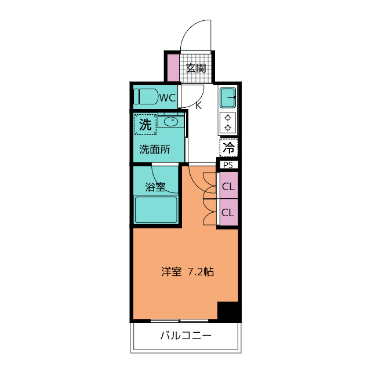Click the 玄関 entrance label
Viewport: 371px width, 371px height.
[x=196, y=68]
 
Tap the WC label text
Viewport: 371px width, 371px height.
[x=168, y=97]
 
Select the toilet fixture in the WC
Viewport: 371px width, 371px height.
[x=146, y=96]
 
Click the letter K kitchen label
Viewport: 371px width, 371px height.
[x=198, y=106]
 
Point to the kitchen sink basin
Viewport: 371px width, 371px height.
[x=228, y=97]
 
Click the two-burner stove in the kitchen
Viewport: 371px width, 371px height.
[x=228, y=122]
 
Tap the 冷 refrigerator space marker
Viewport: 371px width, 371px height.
[x=228, y=147]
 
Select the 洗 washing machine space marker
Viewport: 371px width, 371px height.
[x=146, y=123]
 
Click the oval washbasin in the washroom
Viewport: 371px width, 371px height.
[x=171, y=122]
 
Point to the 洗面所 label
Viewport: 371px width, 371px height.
[x=155, y=149]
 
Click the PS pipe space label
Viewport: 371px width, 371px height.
[x=228, y=165]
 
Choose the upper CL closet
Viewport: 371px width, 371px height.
[x=228, y=187]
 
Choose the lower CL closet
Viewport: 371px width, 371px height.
[x=228, y=212]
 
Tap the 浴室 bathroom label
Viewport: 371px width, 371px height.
[x=155, y=187]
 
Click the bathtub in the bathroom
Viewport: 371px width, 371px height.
[x=156, y=209]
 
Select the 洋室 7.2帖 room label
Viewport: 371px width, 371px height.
[x=187, y=271]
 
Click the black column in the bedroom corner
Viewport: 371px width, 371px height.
[x=228, y=311]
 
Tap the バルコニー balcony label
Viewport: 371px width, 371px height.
[x=185, y=336]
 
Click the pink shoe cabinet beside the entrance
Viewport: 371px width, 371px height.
[x=173, y=67]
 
